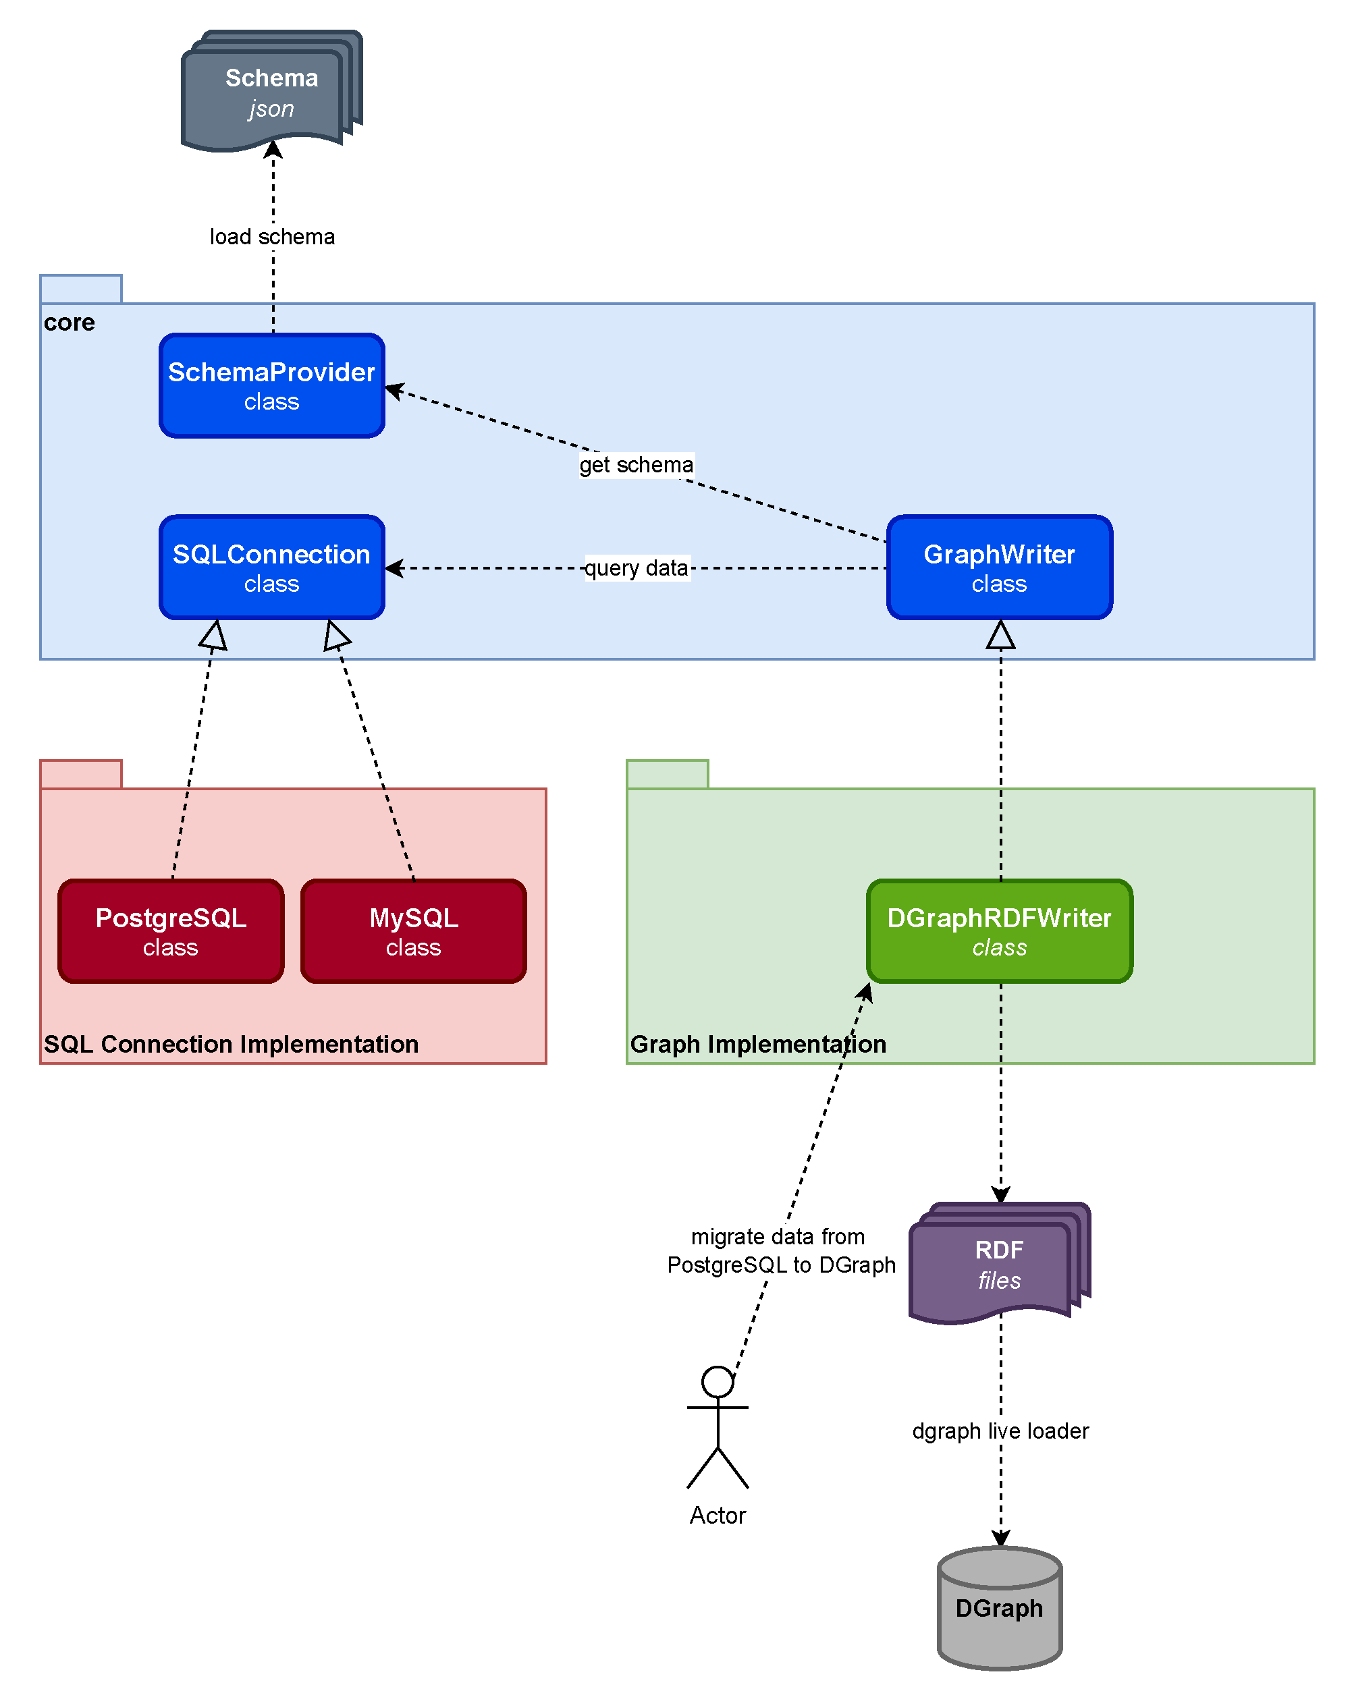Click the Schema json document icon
tap(271, 91)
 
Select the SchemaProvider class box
tap(271, 385)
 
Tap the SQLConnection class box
tap(271, 567)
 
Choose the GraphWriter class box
tap(1000, 567)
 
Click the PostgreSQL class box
tap(171, 931)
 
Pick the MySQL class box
tap(413, 931)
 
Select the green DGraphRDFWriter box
tap(1000, 931)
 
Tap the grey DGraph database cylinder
tap(1000, 1608)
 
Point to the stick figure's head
tap(718, 1382)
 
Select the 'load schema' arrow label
tap(272, 236)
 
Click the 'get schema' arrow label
tap(636, 464)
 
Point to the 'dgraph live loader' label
tap(1000, 1431)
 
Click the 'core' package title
tap(69, 323)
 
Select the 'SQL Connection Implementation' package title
tap(232, 1044)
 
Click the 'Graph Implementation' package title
tap(759, 1044)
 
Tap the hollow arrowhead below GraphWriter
tap(1000, 634)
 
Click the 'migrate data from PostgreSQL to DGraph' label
tap(781, 1251)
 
